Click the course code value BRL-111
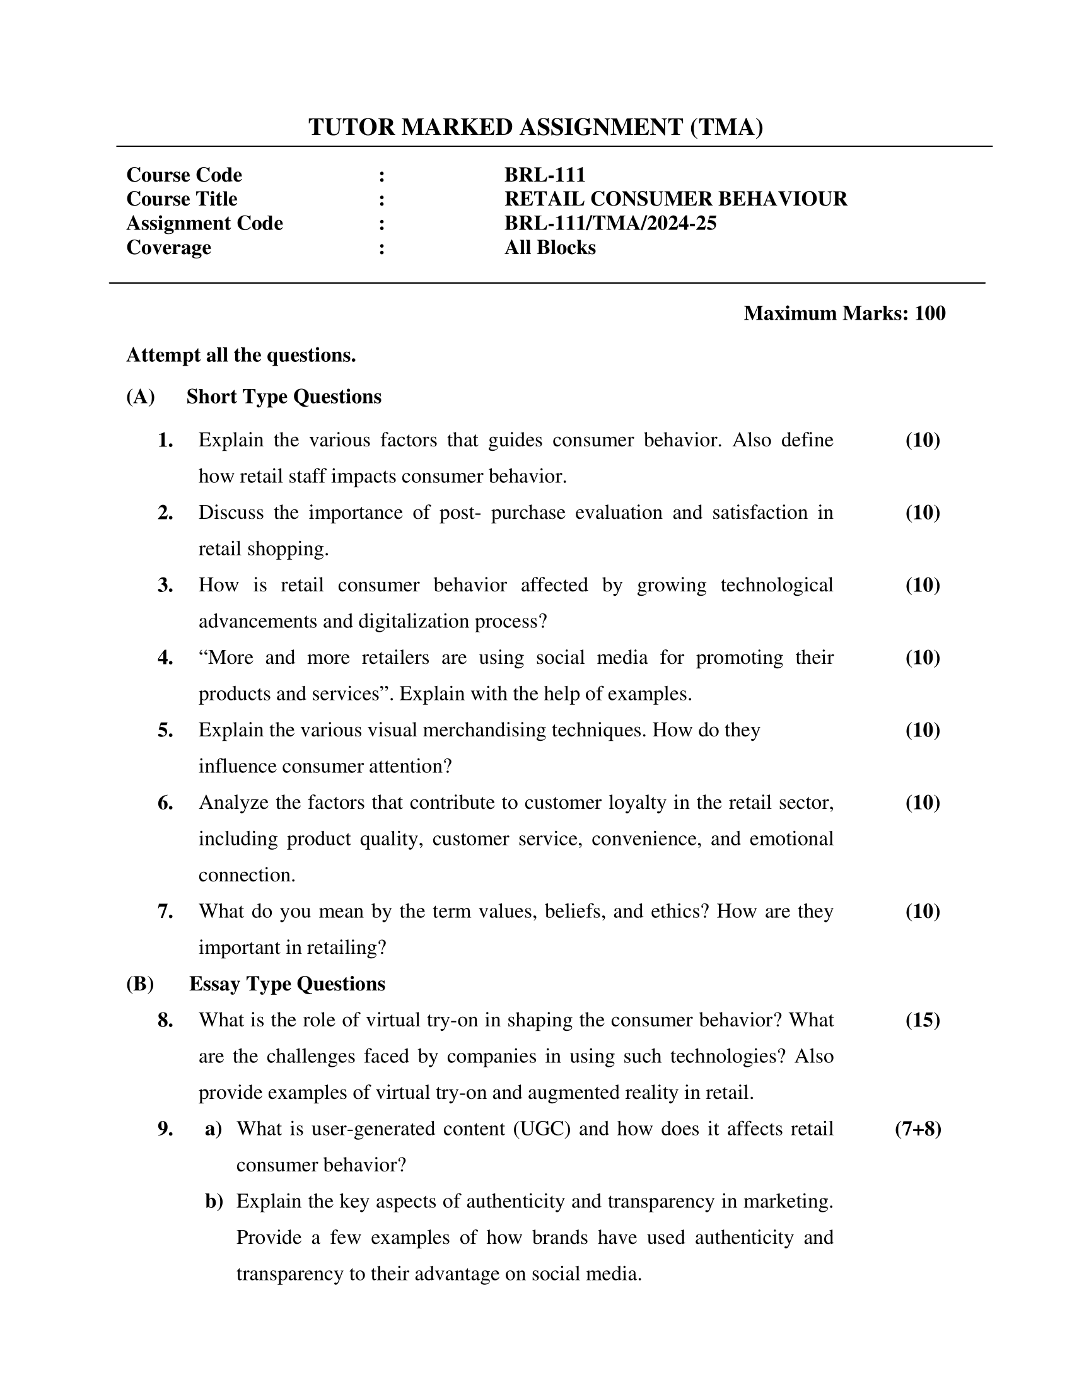544,175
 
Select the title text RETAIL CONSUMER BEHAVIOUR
675,199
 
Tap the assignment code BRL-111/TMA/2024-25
610,223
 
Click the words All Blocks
549,247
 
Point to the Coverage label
168,247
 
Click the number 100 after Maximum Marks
929,313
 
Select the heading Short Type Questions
283,397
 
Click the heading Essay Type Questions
286,984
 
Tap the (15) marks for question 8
922,1020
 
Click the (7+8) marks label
918,1129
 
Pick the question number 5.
165,730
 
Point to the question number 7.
165,912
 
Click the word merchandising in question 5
486,730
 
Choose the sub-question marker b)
214,1201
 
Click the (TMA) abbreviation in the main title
726,127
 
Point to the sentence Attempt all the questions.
241,355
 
